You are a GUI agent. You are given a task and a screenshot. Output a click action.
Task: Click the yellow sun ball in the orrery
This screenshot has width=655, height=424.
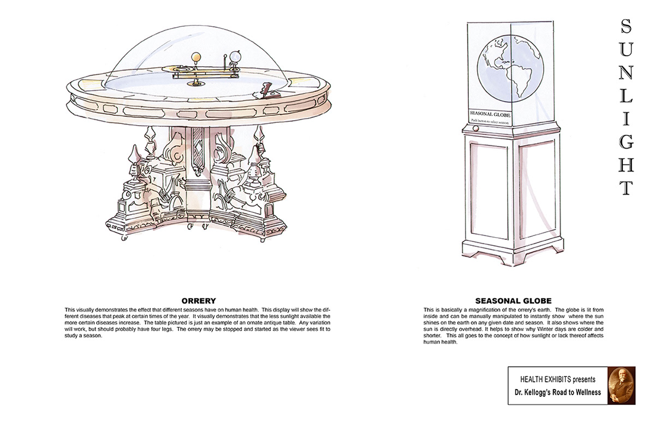point(196,56)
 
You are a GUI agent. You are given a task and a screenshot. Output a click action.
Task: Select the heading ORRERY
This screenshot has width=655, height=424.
point(199,301)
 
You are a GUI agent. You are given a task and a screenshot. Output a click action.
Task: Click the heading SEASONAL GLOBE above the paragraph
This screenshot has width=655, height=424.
point(513,301)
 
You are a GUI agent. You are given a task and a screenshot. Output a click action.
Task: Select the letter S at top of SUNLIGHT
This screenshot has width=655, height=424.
point(627,26)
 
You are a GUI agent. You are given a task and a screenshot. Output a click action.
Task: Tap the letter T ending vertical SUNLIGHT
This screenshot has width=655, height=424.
point(627,187)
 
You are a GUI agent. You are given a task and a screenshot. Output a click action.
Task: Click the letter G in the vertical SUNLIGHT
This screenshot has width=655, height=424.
point(627,141)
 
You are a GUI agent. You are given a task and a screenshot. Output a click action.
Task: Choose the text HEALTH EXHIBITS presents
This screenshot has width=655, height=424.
point(557,379)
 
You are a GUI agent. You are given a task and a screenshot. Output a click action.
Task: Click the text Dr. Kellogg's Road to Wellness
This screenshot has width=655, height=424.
point(557,392)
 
